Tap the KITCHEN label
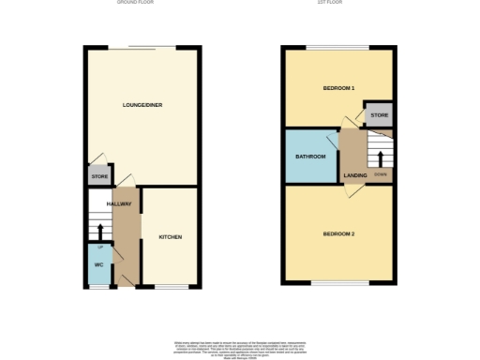click(x=170, y=237)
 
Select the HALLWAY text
click(x=118, y=203)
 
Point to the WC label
click(x=97, y=264)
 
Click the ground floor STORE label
click(x=99, y=176)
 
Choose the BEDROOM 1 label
click(x=338, y=87)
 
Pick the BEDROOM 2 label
click(x=338, y=232)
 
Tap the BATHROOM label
click(x=310, y=156)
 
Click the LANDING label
click(x=355, y=175)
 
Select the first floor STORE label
click(x=379, y=116)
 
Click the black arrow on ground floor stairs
click(x=100, y=230)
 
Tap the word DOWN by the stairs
click(x=380, y=174)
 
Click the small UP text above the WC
click(x=100, y=246)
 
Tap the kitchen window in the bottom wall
click(x=170, y=286)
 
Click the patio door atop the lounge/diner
click(x=150, y=47)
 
